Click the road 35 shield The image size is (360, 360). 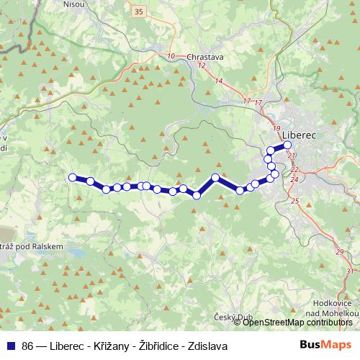(x=139, y=12)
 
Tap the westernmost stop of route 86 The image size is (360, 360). (x=72, y=177)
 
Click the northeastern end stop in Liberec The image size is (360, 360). (x=287, y=145)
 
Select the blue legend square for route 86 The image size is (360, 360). (x=11, y=346)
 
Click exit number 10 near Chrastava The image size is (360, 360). (x=171, y=56)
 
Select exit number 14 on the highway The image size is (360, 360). (x=219, y=81)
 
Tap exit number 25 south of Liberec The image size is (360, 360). (x=294, y=201)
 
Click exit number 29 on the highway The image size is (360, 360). (x=340, y=251)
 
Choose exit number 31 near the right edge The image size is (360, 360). (x=350, y=271)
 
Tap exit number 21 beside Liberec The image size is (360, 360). (x=291, y=155)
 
